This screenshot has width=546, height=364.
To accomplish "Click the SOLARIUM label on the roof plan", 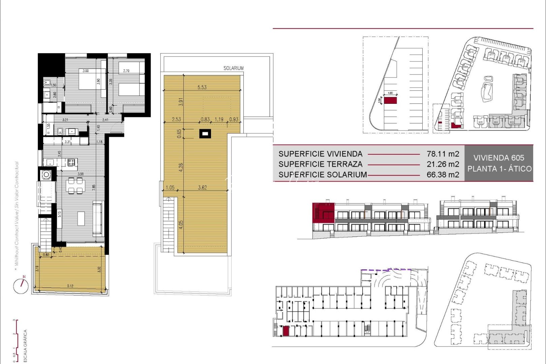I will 233,68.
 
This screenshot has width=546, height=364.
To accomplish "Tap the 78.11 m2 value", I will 443,154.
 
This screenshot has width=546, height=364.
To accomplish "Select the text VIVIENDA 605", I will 498,158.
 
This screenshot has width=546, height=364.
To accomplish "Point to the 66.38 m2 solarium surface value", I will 443,175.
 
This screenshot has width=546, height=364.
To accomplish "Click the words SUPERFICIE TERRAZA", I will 320,164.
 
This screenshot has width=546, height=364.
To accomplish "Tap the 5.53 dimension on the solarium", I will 202,87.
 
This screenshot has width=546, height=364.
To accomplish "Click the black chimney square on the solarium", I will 205,134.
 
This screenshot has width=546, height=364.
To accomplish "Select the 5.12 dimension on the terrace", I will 70,286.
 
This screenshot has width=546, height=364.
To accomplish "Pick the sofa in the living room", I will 97,218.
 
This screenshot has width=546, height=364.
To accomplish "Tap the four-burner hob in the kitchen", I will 71,162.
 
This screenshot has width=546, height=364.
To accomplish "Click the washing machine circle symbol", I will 46,175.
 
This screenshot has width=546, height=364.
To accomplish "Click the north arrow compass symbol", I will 21,286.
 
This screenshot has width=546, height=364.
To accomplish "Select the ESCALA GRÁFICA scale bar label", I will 25,346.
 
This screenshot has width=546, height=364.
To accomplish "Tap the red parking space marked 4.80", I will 390,100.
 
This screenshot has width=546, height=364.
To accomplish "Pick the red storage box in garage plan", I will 285,331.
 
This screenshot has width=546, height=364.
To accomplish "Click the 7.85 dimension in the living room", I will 94,186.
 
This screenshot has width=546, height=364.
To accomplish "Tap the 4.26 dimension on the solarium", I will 181,167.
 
